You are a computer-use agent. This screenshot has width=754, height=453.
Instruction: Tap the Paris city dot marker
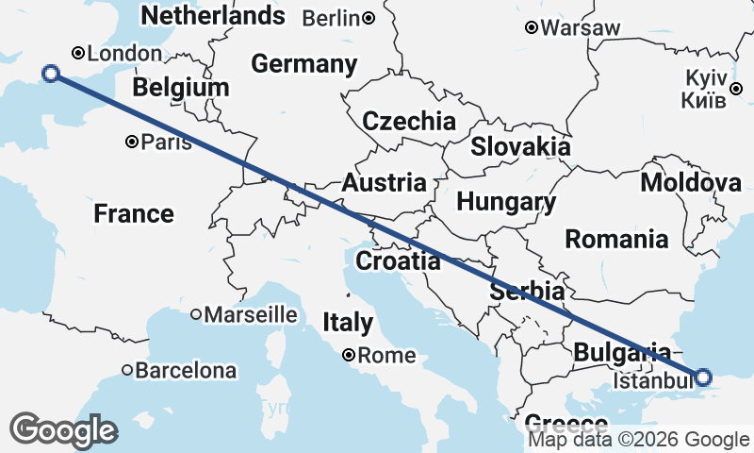[132, 143]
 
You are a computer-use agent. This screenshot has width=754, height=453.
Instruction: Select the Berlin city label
[333, 18]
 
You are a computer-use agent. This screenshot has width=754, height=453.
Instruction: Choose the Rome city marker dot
[349, 356]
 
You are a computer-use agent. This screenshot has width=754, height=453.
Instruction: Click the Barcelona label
[186, 371]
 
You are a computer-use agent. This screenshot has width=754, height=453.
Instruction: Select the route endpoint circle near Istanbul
[703, 377]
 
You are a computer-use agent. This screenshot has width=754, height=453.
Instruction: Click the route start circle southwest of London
[52, 74]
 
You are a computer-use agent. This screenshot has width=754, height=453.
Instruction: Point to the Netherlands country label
[212, 15]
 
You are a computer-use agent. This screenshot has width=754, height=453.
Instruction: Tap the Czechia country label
[409, 121]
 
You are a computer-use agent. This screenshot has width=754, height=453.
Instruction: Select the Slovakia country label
[520, 146]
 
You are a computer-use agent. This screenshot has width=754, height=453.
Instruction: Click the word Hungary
[505, 202]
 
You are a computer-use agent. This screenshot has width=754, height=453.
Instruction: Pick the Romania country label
[616, 239]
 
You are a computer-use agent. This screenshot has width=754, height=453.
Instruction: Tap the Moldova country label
[691, 183]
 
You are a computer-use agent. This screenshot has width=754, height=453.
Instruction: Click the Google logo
[63, 430]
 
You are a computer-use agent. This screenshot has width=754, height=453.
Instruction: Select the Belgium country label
[180, 88]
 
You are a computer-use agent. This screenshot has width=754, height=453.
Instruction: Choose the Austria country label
[384, 183]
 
